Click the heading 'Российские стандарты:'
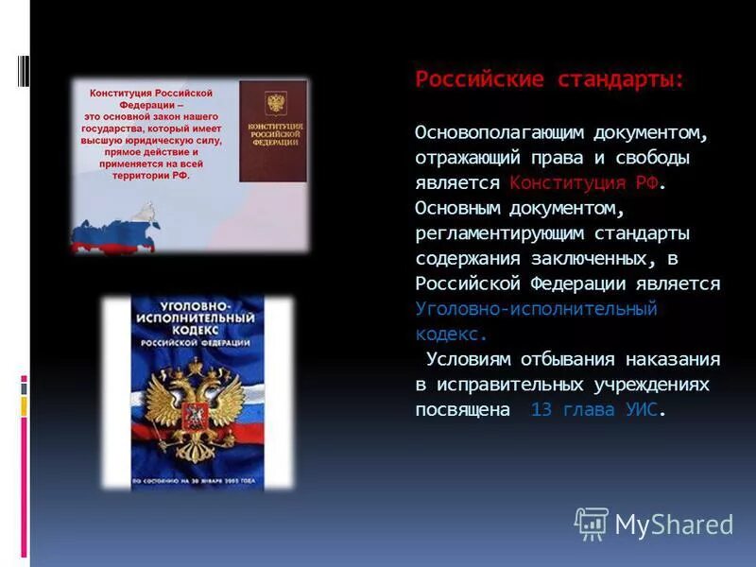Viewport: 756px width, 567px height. (x=549, y=80)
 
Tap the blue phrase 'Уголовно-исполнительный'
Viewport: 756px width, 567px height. (x=536, y=309)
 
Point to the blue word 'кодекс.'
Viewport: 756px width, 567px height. (x=452, y=334)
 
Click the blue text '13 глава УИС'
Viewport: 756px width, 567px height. (x=594, y=410)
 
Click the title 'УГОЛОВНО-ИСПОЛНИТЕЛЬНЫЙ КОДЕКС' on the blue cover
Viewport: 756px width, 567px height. (x=197, y=321)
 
